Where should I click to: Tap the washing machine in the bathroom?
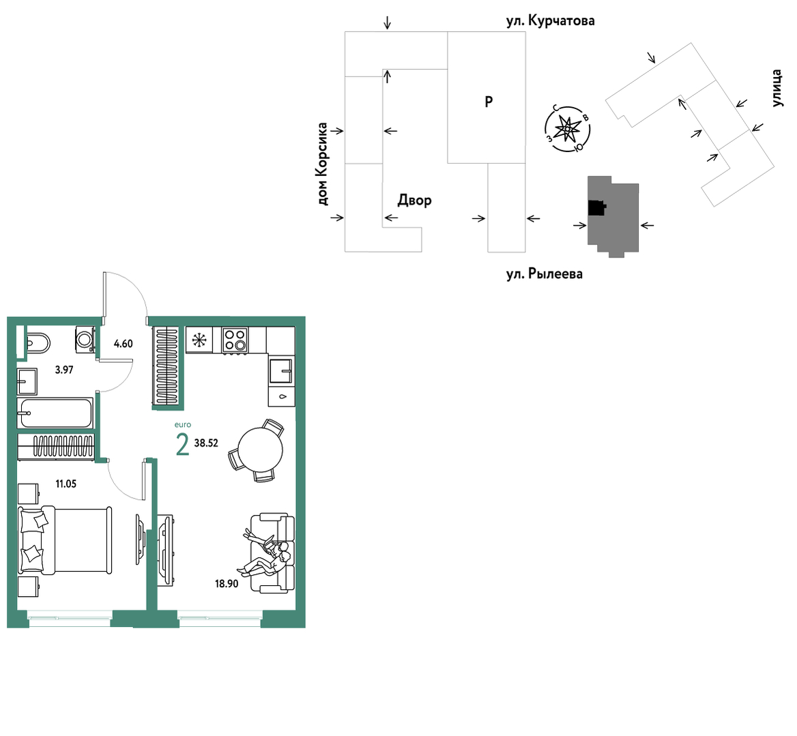(85, 339)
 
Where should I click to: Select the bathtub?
(55, 413)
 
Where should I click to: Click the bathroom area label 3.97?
(64, 370)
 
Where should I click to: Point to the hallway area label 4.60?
(123, 344)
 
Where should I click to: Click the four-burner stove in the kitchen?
(235, 340)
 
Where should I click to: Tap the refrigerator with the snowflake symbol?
(199, 339)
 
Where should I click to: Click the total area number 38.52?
(206, 443)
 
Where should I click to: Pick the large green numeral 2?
(182, 445)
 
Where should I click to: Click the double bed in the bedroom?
(65, 540)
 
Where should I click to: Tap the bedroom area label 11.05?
(66, 484)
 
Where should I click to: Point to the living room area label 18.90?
(227, 584)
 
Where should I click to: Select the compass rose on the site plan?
(567, 128)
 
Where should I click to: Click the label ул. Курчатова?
(551, 21)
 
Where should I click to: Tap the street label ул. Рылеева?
(545, 274)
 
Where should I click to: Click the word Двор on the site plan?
(414, 201)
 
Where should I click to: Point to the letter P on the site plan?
(489, 102)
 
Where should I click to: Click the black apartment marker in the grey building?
(597, 208)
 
